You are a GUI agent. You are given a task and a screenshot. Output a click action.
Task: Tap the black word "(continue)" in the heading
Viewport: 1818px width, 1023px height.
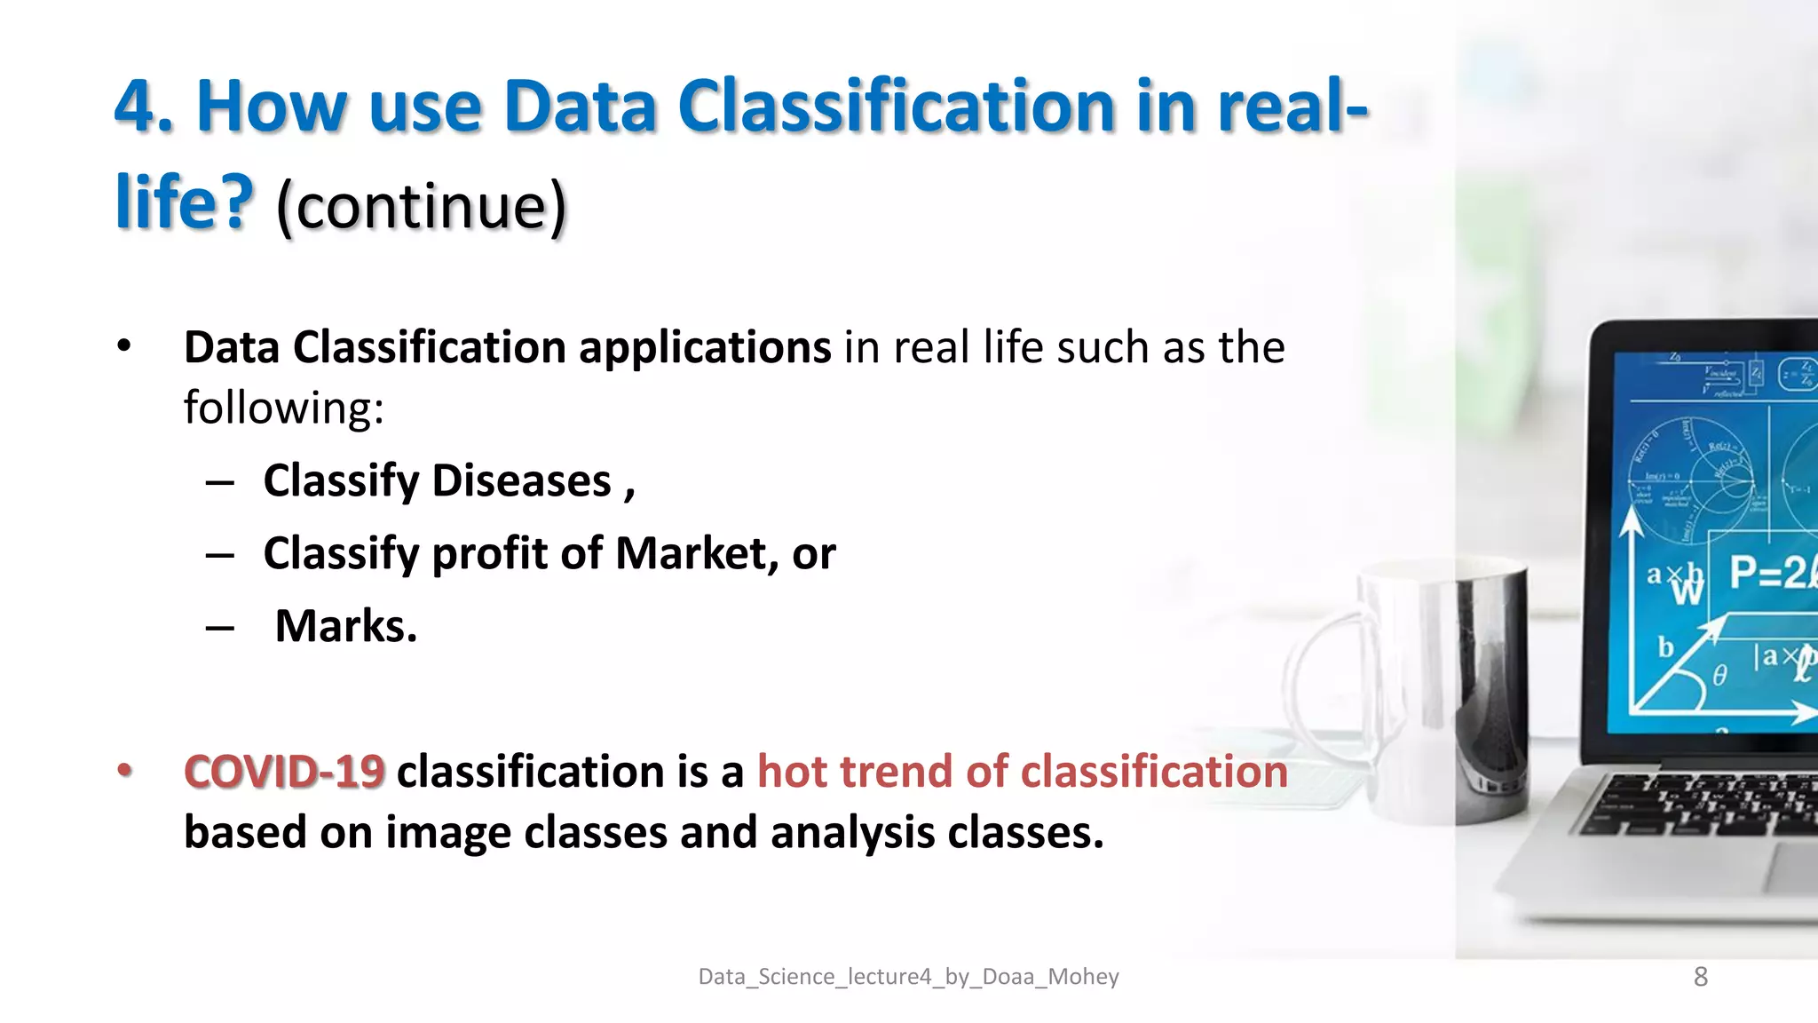point(421,205)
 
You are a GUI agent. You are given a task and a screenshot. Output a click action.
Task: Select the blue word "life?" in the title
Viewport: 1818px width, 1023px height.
point(185,203)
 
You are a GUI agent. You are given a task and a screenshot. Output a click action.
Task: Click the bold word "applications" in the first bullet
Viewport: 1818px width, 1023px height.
point(705,347)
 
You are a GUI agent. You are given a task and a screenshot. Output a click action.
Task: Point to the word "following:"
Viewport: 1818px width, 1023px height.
point(284,408)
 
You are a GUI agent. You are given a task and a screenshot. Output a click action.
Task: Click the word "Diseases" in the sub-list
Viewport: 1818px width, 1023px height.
point(522,481)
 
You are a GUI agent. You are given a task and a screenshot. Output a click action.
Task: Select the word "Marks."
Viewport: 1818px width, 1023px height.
point(346,627)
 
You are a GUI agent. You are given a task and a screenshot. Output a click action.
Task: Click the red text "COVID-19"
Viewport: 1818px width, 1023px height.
point(284,771)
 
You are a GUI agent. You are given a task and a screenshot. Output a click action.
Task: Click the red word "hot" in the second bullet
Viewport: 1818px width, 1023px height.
point(793,771)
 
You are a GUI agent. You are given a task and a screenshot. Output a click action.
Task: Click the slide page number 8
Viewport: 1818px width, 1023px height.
point(1700,977)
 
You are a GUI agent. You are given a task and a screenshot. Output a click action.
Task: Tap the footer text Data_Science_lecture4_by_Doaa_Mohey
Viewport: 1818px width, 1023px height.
point(908,977)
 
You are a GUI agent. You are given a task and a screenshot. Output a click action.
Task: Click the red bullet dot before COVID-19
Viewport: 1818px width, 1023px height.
point(125,770)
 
